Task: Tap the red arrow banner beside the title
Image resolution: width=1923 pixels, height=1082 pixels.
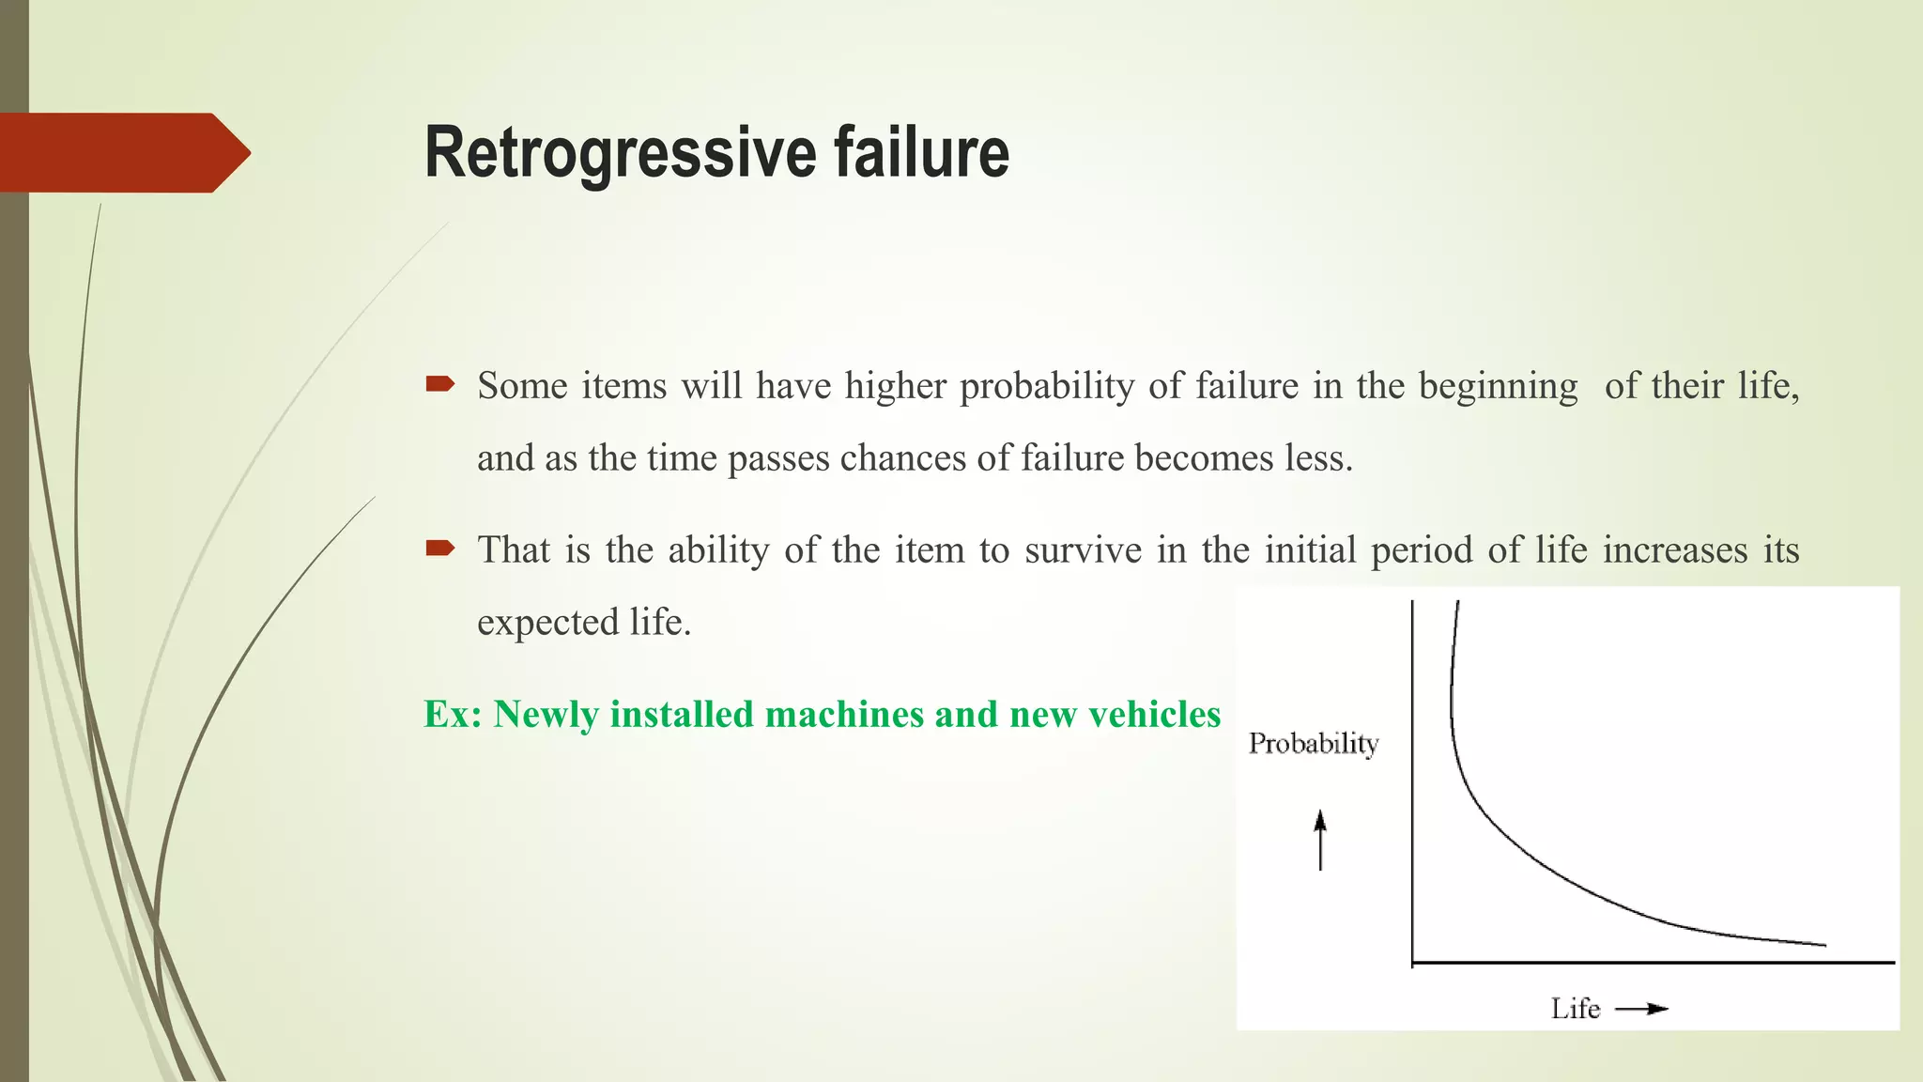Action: (x=122, y=152)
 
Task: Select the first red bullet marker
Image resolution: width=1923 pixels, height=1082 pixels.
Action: (x=440, y=383)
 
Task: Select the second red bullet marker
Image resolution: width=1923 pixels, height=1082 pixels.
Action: (x=440, y=548)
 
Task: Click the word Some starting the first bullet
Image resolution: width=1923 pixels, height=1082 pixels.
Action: (x=522, y=386)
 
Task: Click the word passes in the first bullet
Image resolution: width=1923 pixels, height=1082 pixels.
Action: (x=778, y=459)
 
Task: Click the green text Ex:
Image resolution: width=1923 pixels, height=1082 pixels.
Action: (x=453, y=715)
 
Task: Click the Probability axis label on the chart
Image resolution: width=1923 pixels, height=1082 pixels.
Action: (x=1313, y=744)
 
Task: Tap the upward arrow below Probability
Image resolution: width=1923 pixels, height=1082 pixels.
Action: (x=1320, y=840)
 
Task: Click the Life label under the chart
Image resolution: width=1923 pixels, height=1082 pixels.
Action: (x=1575, y=1009)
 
